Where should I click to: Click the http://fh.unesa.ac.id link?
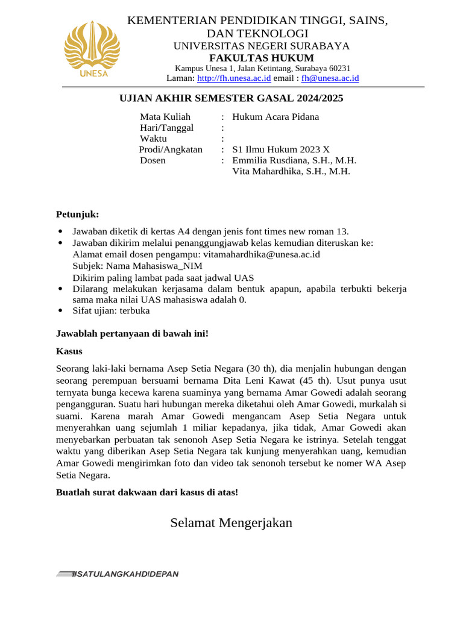pyautogui.click(x=234, y=78)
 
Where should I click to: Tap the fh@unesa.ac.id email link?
pyautogui.click(x=330, y=78)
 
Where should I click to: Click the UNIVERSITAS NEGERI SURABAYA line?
pyautogui.click(x=262, y=46)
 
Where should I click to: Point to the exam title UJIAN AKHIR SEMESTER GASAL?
pyautogui.click(x=231, y=98)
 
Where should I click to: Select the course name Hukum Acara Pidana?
pyautogui.click(x=276, y=117)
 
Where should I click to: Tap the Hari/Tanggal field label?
pyautogui.click(x=166, y=128)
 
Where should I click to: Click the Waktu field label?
pyautogui.click(x=153, y=139)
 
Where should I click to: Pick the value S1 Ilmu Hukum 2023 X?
pyautogui.click(x=281, y=149)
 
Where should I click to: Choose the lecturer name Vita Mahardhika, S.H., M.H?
pyautogui.click(x=291, y=171)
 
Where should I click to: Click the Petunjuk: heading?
pyautogui.click(x=77, y=215)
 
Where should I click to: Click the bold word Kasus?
pyautogui.click(x=69, y=351)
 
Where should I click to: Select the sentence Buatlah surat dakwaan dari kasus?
pyautogui.click(x=147, y=492)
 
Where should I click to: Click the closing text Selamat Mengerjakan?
pyautogui.click(x=231, y=522)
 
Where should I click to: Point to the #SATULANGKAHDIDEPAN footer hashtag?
pyautogui.click(x=124, y=574)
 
